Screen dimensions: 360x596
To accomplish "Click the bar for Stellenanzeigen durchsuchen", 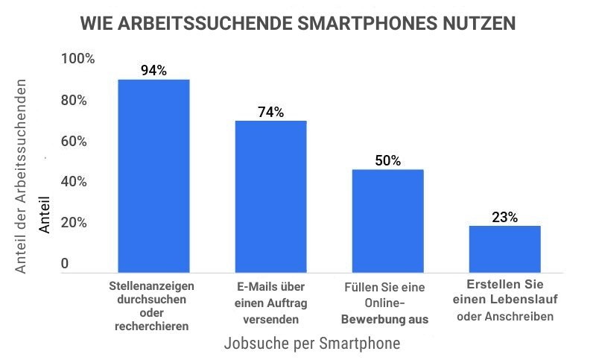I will tap(153, 174).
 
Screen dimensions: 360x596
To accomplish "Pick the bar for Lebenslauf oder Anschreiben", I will tap(504, 247).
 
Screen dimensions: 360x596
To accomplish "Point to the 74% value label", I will tap(270, 113).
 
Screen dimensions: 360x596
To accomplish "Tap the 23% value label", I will tap(504, 218).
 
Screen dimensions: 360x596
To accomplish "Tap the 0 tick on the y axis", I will tap(65, 264).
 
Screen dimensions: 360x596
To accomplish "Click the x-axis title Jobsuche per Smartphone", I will tap(311, 344).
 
